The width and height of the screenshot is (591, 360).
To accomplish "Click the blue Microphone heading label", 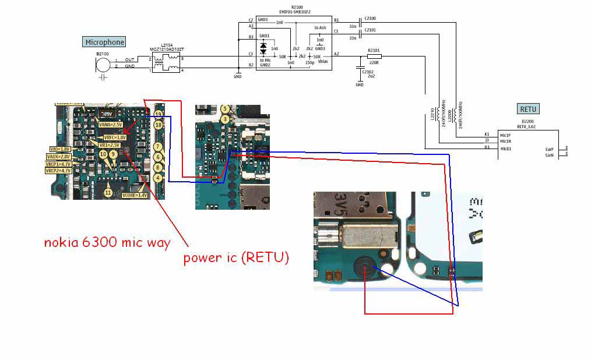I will click(105, 42).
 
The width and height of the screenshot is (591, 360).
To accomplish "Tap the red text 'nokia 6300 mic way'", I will click(107, 242).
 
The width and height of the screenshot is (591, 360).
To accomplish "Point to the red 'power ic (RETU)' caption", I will click(236, 257).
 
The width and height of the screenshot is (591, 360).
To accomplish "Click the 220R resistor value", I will click(374, 62).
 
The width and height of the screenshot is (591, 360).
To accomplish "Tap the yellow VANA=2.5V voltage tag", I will click(110, 125).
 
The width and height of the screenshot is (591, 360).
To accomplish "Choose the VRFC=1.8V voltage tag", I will click(115, 137).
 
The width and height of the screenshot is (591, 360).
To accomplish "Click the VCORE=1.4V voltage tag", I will click(135, 195).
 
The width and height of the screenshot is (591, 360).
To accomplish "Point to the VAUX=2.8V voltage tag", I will click(59, 157).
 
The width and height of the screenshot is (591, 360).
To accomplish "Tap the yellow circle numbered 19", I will click(158, 115).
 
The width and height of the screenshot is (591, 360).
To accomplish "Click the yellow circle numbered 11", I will click(108, 192).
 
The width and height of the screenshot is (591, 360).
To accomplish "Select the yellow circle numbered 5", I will click(224, 109).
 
